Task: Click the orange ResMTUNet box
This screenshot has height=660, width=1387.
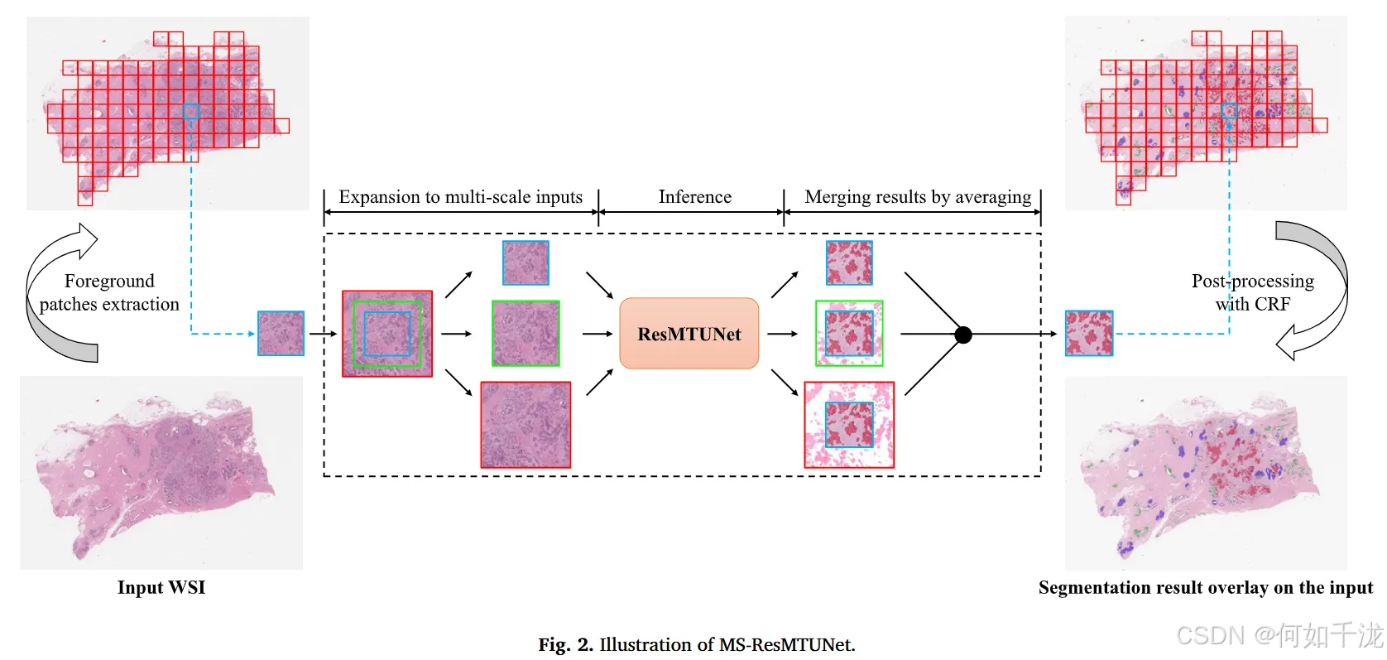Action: pyautogui.click(x=689, y=334)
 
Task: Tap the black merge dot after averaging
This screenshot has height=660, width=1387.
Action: pyautogui.click(x=962, y=335)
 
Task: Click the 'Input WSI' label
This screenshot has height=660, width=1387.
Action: pyautogui.click(x=161, y=587)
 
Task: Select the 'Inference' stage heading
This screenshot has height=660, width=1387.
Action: pyautogui.click(x=694, y=197)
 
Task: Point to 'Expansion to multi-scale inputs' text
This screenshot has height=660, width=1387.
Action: pyautogui.click(x=460, y=197)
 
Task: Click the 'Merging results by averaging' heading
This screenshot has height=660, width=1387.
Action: pyautogui.click(x=918, y=197)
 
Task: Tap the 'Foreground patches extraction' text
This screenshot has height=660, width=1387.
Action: pyautogui.click(x=109, y=292)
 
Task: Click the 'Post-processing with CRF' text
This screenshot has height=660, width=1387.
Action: pyautogui.click(x=1252, y=292)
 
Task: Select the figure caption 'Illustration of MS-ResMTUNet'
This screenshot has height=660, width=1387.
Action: pyautogui.click(x=697, y=644)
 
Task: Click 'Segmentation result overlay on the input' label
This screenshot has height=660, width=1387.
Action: pyautogui.click(x=1205, y=587)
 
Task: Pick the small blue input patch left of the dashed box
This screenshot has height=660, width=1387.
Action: pyautogui.click(x=281, y=333)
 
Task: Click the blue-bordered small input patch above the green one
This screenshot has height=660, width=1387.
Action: pyautogui.click(x=526, y=263)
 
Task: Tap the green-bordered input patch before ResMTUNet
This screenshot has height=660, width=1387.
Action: pyautogui.click(x=526, y=333)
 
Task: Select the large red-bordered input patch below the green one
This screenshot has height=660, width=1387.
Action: pyautogui.click(x=526, y=424)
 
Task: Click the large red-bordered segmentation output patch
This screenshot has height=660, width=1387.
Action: pyautogui.click(x=849, y=424)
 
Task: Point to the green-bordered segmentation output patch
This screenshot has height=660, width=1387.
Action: pyautogui.click(x=849, y=333)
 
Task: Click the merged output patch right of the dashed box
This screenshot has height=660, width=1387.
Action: pyautogui.click(x=1089, y=333)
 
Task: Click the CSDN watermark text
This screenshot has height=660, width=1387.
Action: pyautogui.click(x=1279, y=636)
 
